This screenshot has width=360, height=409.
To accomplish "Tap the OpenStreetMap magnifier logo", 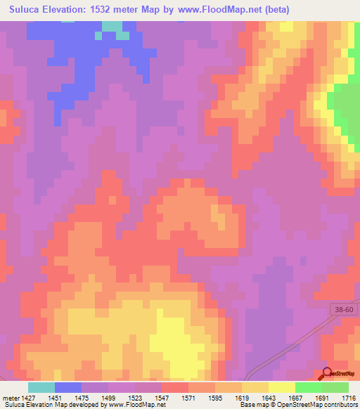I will pos(327,373).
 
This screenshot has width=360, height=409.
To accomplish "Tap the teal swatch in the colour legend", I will pos(41,387).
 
